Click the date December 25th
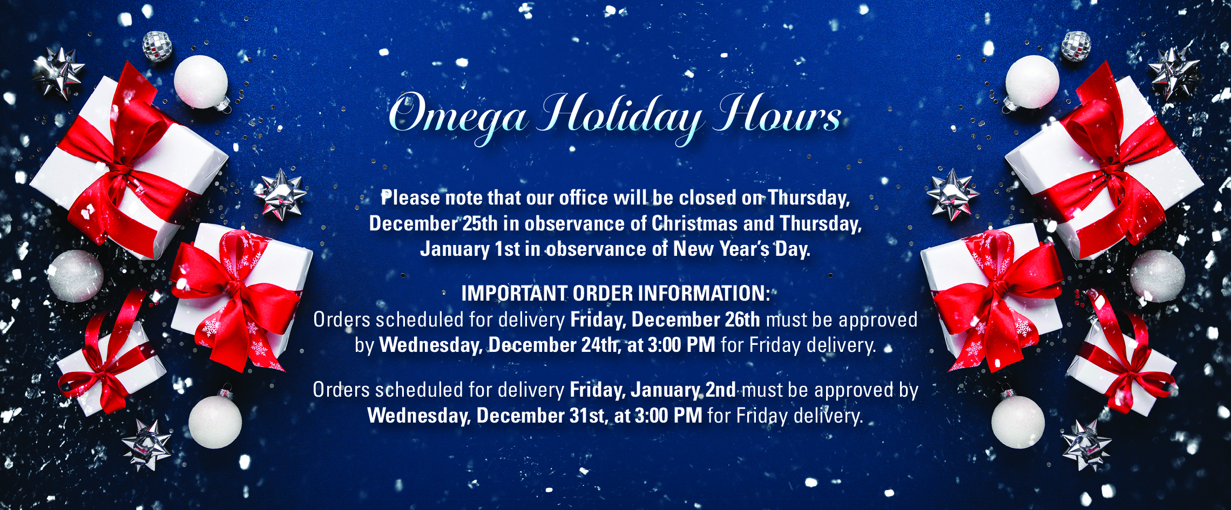point(434,223)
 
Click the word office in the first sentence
point(584,198)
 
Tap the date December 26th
point(696,319)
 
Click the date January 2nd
point(683,389)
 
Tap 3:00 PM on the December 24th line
point(681,345)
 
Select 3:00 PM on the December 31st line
point(668,415)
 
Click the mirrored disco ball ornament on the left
point(157,46)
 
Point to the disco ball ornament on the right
point(1076,46)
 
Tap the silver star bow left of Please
point(281,195)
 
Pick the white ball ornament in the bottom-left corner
point(215,421)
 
